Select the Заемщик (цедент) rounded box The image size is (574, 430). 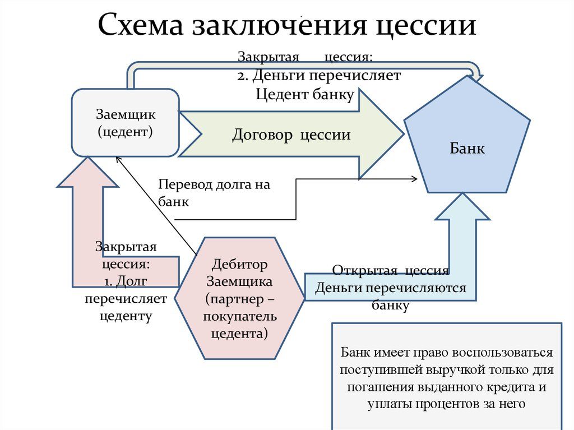pyautogui.click(x=126, y=123)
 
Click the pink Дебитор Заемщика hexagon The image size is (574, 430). pyautogui.click(x=240, y=298)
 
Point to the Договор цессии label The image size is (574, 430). pyautogui.click(x=291, y=135)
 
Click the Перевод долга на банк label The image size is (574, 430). pyautogui.click(x=214, y=193)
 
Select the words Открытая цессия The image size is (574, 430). pyautogui.click(x=390, y=271)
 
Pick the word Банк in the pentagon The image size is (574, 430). pyautogui.click(x=467, y=149)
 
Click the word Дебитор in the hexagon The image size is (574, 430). pyautogui.click(x=240, y=263)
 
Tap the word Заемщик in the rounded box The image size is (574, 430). pyautogui.click(x=126, y=114)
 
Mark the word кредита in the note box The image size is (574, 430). pyautogui.click(x=509, y=387)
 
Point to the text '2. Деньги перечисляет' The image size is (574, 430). pyautogui.click(x=318, y=75)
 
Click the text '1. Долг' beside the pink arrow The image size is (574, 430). pyautogui.click(x=126, y=281)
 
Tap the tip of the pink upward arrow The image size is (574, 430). pyautogui.click(x=88, y=159)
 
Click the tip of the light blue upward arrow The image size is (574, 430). pyautogui.click(x=462, y=196)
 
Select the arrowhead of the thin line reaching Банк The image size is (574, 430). pyautogui.click(x=415, y=179)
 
